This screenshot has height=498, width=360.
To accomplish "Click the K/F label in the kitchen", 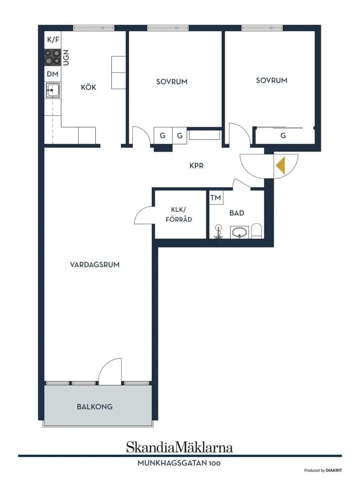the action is pyautogui.click(x=53, y=40).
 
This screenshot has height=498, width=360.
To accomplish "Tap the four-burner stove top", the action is pyautogui.click(x=52, y=57).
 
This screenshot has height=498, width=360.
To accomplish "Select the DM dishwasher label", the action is pyautogui.click(x=53, y=74).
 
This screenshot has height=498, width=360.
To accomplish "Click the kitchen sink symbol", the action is pyautogui.click(x=52, y=90).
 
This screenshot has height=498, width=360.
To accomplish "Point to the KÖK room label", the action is pyautogui.click(x=88, y=87).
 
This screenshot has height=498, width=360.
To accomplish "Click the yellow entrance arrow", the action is pyautogui.click(x=280, y=166).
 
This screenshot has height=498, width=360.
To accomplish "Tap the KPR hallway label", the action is pyautogui.click(x=196, y=165).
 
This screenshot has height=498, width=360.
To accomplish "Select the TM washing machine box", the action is pyautogui.click(x=216, y=198).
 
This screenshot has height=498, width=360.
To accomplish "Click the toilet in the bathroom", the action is pyautogui.click(x=256, y=231).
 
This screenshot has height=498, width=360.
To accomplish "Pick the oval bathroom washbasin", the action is pyautogui.click(x=239, y=232).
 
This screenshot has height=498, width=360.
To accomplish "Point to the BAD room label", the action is pyautogui.click(x=237, y=213).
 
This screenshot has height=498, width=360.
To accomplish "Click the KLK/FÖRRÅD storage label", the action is pyautogui.click(x=179, y=214).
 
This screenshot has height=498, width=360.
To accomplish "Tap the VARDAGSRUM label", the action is pyautogui.click(x=94, y=265).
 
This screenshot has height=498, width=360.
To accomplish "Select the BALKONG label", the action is pyautogui.click(x=94, y=407).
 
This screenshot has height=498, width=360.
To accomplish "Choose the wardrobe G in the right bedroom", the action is pyautogui.click(x=283, y=136).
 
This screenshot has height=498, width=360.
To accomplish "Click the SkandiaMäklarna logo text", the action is pyautogui.click(x=180, y=447).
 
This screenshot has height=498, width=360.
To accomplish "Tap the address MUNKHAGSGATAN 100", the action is pyautogui.click(x=179, y=463).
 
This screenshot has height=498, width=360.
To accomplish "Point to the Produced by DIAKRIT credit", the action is pyautogui.click(x=323, y=471).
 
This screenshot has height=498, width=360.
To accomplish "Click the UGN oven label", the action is pyautogui.click(x=66, y=58).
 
